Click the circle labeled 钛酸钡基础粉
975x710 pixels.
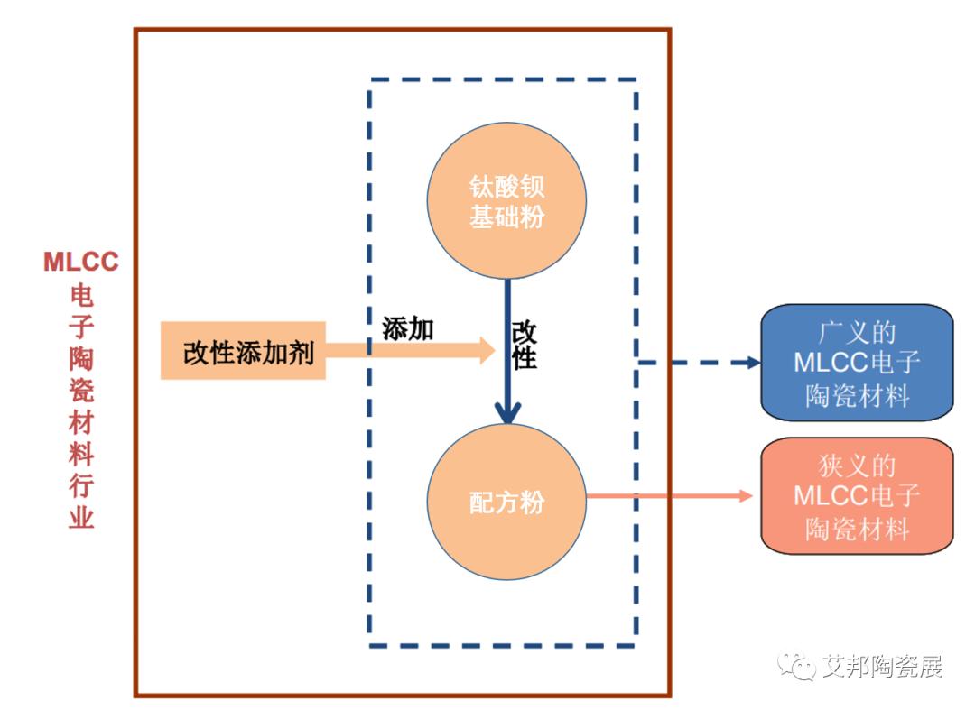pyautogui.click(x=506, y=200)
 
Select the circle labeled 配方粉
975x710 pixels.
pyautogui.click(x=506, y=502)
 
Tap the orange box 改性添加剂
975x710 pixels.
pyautogui.click(x=243, y=350)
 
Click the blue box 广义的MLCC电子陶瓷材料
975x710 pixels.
pyautogui.click(x=857, y=363)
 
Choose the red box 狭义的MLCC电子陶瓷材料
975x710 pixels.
pyautogui.click(x=857, y=495)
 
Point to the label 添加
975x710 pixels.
pyautogui.click(x=408, y=328)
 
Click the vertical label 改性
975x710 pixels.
pyautogui.click(x=525, y=346)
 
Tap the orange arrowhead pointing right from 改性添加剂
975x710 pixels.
pyautogui.click(x=487, y=350)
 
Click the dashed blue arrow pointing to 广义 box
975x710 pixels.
pyautogui.click(x=700, y=363)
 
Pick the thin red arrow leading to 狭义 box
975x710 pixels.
pyautogui.click(x=670, y=495)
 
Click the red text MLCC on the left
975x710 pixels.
pyautogui.click(x=81, y=262)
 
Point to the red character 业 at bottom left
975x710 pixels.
pyautogui.click(x=81, y=516)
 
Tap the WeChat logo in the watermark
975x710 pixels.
pyautogui.click(x=796, y=667)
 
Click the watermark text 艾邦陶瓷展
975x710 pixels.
pyautogui.click(x=882, y=667)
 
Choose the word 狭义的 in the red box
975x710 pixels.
pyautogui.click(x=857, y=466)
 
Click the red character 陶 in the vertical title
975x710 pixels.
pyautogui.click(x=81, y=358)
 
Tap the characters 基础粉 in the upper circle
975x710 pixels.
pyautogui.click(x=506, y=217)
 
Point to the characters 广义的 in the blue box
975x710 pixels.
pyautogui.click(x=857, y=332)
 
